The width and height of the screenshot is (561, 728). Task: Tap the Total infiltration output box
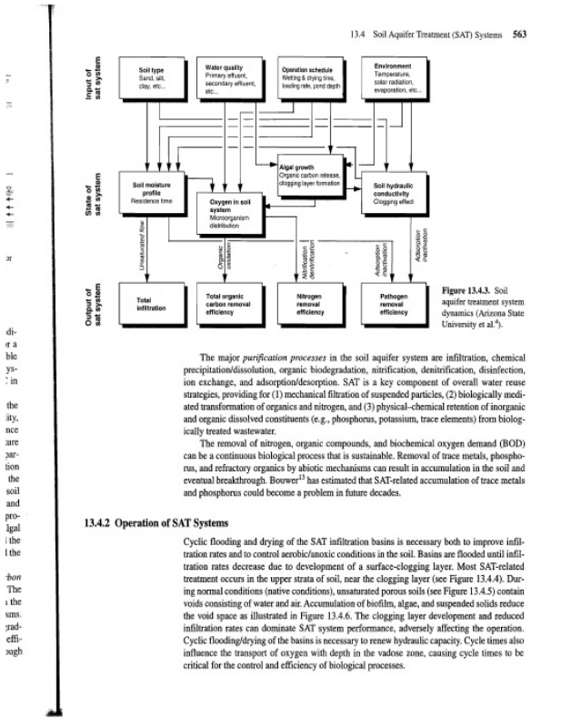pyautogui.click(x=149, y=304)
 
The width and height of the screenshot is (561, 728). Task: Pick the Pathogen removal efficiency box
pyautogui.click(x=397, y=304)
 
